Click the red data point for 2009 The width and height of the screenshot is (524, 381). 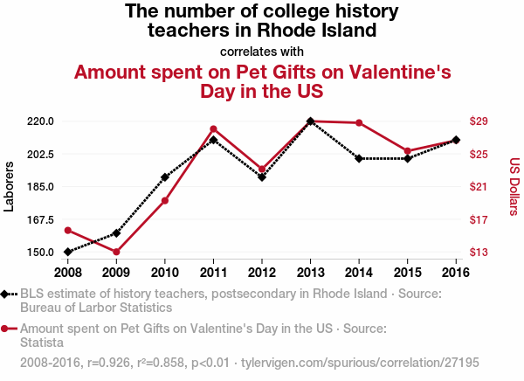(116, 252)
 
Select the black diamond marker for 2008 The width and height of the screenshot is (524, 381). (68, 252)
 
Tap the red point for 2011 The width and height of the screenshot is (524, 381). (213, 128)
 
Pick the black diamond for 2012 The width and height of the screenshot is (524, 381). (262, 177)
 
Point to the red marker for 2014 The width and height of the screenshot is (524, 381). (359, 122)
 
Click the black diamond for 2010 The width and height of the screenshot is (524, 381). (165, 177)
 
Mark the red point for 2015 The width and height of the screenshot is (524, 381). (408, 151)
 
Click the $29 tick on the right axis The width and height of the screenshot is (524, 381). (485, 121)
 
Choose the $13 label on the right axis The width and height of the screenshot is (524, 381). (485, 253)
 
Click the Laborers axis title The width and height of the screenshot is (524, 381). (10, 186)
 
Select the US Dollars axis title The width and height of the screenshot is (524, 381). (514, 186)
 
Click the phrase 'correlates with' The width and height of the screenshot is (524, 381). (262, 51)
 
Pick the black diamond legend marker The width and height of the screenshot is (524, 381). (6, 294)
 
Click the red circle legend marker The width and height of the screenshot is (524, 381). (6, 329)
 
